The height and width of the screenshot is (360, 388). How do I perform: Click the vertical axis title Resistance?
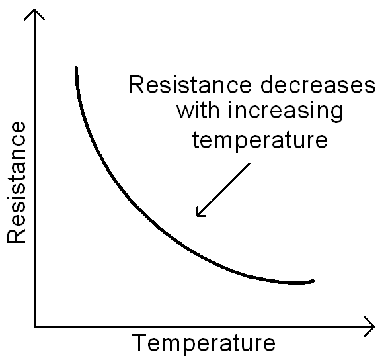17,183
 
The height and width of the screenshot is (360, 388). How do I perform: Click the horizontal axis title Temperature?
204,344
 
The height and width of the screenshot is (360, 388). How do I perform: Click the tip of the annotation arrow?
197,216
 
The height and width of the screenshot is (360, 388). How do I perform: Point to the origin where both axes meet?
34,326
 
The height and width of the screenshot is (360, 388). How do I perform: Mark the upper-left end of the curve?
77,68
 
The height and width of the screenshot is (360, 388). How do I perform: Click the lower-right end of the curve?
313,281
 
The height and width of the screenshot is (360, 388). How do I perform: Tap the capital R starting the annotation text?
135,86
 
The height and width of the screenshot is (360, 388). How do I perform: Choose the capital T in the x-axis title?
140,343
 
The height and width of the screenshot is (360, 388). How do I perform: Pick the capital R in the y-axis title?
17,236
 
